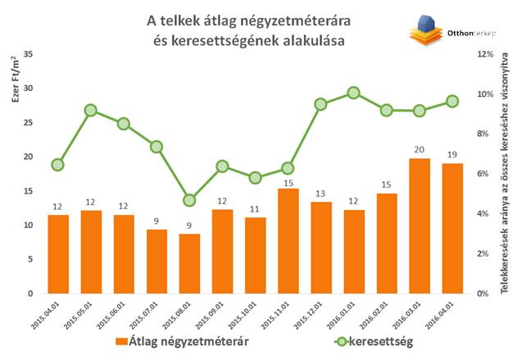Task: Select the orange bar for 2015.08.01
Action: click(x=189, y=263)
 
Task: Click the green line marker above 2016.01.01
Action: click(x=353, y=93)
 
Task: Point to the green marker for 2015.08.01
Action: click(x=189, y=200)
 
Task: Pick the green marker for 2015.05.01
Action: click(x=90, y=110)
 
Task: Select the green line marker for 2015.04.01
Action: click(x=57, y=165)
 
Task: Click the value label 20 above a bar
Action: click(x=419, y=150)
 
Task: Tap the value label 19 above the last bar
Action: click(x=451, y=155)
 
